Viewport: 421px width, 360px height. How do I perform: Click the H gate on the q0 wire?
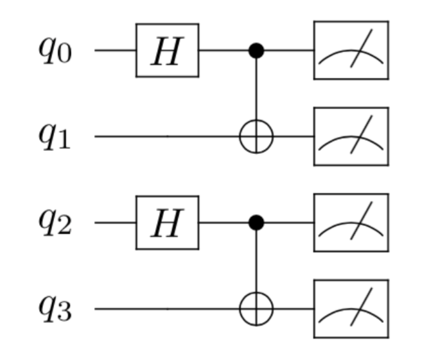click(167, 51)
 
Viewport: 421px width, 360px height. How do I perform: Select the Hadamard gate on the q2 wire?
click(167, 224)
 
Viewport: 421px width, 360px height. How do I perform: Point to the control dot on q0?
click(257, 51)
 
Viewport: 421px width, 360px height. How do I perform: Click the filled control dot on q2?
click(257, 224)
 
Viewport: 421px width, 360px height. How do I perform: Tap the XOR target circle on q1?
click(257, 137)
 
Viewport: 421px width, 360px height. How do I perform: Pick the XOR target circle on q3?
click(257, 309)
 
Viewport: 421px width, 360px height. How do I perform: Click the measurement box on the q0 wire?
click(351, 51)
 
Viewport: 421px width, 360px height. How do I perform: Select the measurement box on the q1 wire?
click(351, 137)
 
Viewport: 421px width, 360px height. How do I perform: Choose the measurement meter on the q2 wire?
click(351, 224)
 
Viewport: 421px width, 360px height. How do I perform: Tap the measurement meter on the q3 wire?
click(351, 309)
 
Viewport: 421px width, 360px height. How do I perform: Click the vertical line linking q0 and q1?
click(257, 91)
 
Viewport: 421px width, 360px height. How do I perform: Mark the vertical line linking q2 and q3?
click(257, 263)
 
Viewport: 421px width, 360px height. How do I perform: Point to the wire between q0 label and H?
click(116, 51)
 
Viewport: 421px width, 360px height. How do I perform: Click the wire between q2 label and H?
click(116, 224)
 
